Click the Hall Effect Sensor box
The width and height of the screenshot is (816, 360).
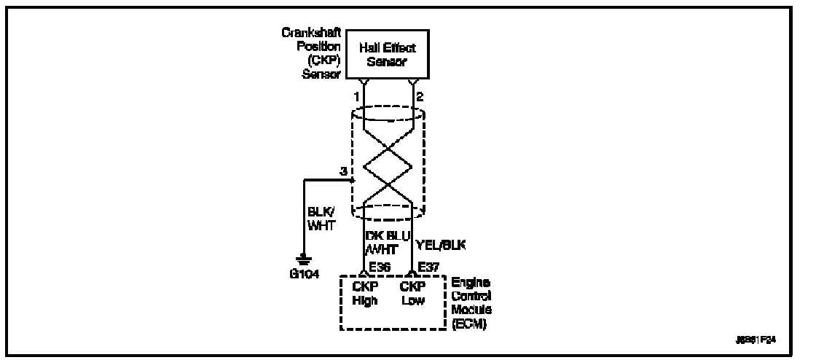(386, 55)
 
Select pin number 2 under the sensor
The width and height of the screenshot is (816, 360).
(419, 95)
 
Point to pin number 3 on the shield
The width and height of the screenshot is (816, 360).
(342, 171)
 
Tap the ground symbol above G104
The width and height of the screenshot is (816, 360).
(304, 259)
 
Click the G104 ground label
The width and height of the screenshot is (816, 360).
(304, 275)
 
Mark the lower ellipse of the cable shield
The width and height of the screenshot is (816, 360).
(388, 210)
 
